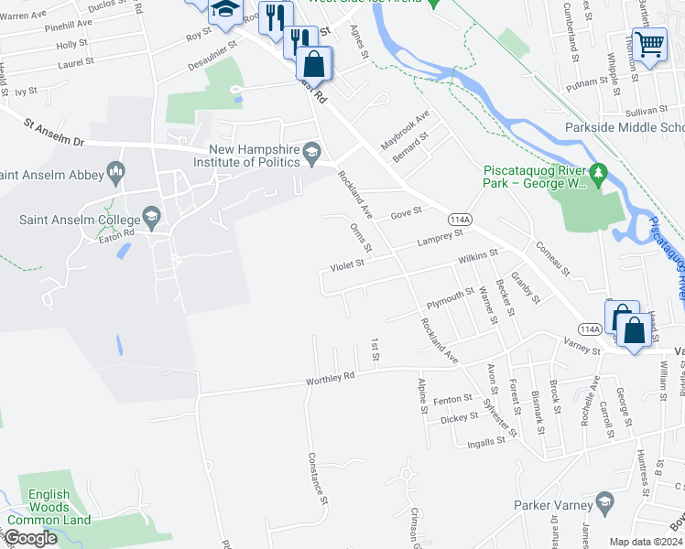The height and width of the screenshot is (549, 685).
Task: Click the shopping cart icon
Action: tap(649, 43)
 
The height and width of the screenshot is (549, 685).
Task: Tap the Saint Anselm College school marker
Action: tap(151, 218)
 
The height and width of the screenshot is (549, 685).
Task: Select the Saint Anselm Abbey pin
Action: tap(116, 169)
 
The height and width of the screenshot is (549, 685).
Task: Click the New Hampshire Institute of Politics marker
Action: tap(313, 150)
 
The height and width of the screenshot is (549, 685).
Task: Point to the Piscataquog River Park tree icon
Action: tap(599, 171)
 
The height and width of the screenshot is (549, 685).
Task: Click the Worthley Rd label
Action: tap(331, 378)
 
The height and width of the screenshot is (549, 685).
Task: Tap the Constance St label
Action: tap(318, 479)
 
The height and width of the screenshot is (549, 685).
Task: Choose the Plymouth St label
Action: tap(450, 298)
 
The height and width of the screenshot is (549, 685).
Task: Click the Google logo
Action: tap(30, 539)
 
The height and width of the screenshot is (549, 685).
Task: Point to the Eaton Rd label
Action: tap(116, 232)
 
